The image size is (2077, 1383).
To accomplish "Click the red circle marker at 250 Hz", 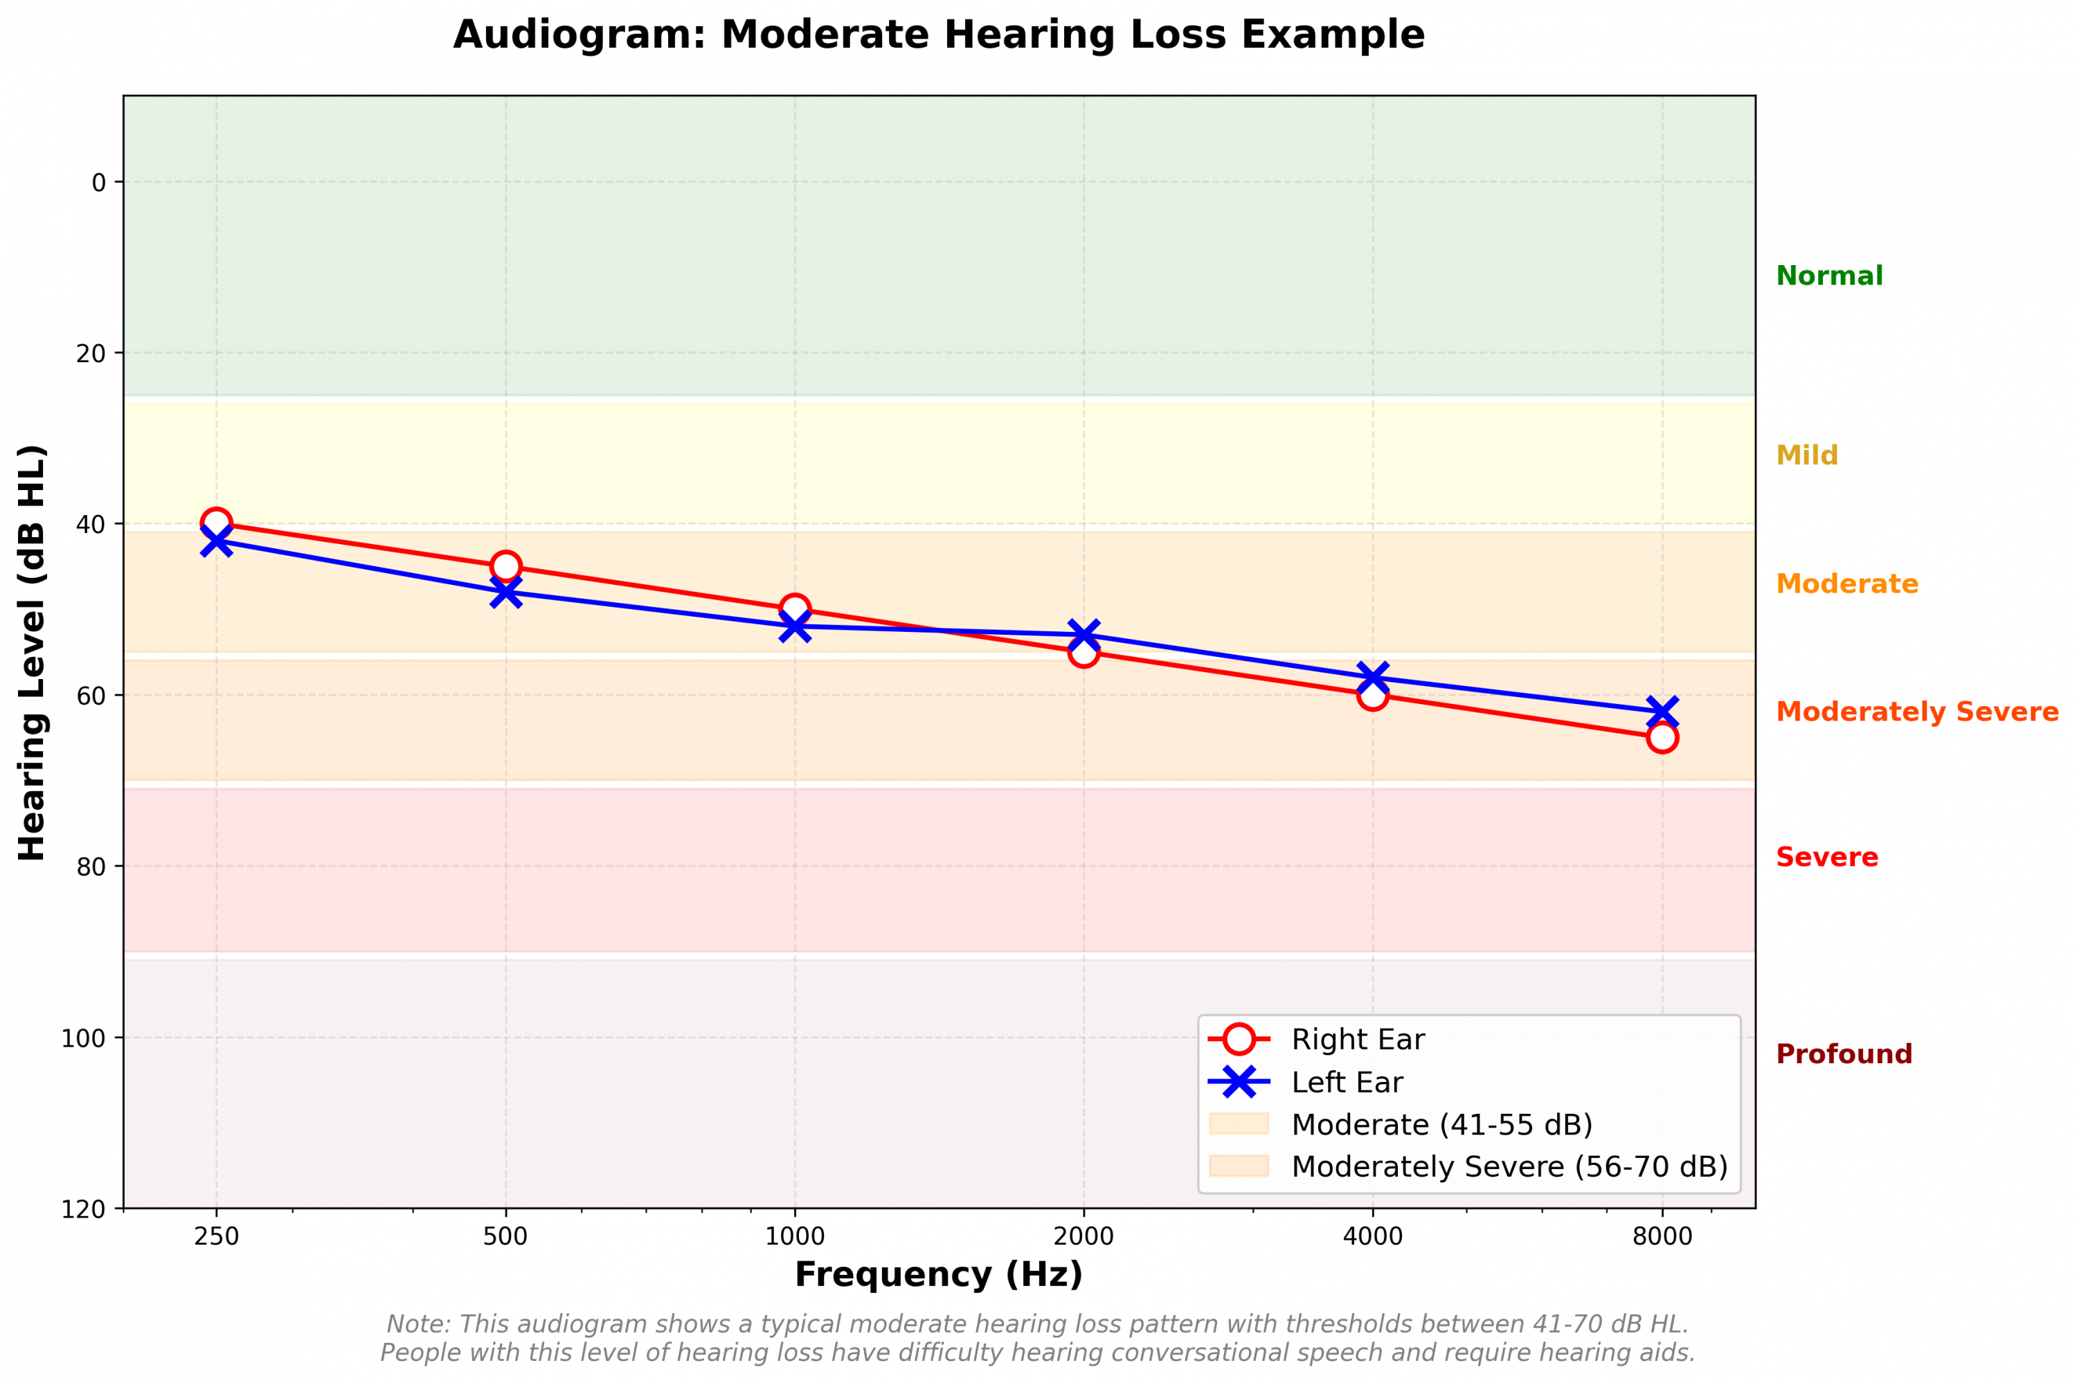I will [216, 524].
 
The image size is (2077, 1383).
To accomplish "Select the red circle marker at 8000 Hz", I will [1662, 737].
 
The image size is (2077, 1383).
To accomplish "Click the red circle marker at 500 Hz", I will [505, 566].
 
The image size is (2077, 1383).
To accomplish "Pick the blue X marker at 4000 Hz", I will [1372, 678].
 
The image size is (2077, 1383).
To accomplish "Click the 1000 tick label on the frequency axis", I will [795, 1236].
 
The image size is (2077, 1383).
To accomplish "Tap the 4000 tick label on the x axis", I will [1372, 1236].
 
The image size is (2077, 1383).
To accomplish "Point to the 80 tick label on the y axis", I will [90, 867].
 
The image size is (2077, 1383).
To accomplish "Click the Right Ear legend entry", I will [1356, 1040].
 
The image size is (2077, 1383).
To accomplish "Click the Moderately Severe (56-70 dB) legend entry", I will [1508, 1167].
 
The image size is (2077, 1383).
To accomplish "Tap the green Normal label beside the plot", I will [1828, 276].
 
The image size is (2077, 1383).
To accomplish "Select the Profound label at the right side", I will [1843, 1054].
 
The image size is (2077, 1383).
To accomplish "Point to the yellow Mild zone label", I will [1806, 455].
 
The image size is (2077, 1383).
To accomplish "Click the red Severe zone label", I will [1826, 858].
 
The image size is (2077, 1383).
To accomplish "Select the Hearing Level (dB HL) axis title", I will [32, 653].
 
